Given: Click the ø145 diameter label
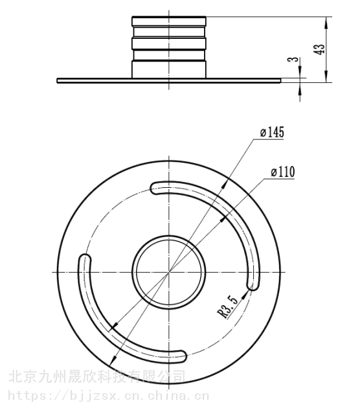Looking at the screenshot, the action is pyautogui.click(x=272, y=132).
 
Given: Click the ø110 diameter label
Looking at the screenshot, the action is pyautogui.click(x=283, y=172).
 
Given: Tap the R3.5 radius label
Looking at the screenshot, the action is pyautogui.click(x=228, y=306).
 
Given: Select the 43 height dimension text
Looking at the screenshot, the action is pyautogui.click(x=319, y=49).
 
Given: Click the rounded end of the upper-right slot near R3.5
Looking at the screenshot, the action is pyautogui.click(x=253, y=285).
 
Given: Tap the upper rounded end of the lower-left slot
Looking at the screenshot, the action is pyautogui.click(x=85, y=259).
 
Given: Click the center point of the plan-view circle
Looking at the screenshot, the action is pyautogui.click(x=169, y=272).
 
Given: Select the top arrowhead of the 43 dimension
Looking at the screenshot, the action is pyautogui.click(x=326, y=21).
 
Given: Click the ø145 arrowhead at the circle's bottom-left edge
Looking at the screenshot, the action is pyautogui.click(x=113, y=360).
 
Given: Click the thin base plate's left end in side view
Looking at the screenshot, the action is pyautogui.click(x=58, y=80).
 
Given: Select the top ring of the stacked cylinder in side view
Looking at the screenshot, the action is pyautogui.click(x=169, y=21).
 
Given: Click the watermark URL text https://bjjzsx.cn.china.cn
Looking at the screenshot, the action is pyautogui.click(x=109, y=395).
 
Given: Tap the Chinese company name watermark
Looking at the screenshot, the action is pyautogui.click(x=97, y=376).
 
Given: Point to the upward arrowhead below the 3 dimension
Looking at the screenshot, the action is pyautogui.click(x=300, y=88).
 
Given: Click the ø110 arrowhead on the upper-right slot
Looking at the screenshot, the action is pyautogui.click(x=223, y=219).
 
